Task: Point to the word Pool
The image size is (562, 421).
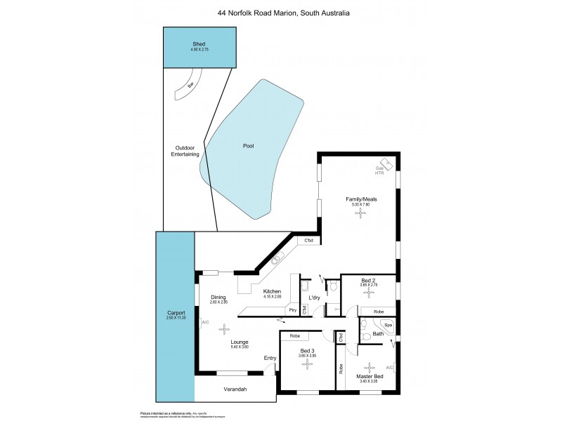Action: (x=248, y=146)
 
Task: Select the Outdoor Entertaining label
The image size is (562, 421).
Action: (x=187, y=150)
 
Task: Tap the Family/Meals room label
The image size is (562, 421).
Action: (x=362, y=199)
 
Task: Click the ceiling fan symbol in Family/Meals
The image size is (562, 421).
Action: (x=362, y=215)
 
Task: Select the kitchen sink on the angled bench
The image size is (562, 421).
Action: (x=276, y=260)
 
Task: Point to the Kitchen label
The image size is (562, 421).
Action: (x=272, y=291)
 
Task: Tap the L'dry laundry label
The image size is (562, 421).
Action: (x=315, y=298)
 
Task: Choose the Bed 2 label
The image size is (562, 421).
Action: (x=369, y=280)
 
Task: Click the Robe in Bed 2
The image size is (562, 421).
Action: (x=378, y=311)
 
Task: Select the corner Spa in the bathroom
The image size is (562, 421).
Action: (x=387, y=326)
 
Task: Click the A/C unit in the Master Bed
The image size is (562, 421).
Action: (x=389, y=367)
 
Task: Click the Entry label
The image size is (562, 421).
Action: (x=270, y=359)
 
